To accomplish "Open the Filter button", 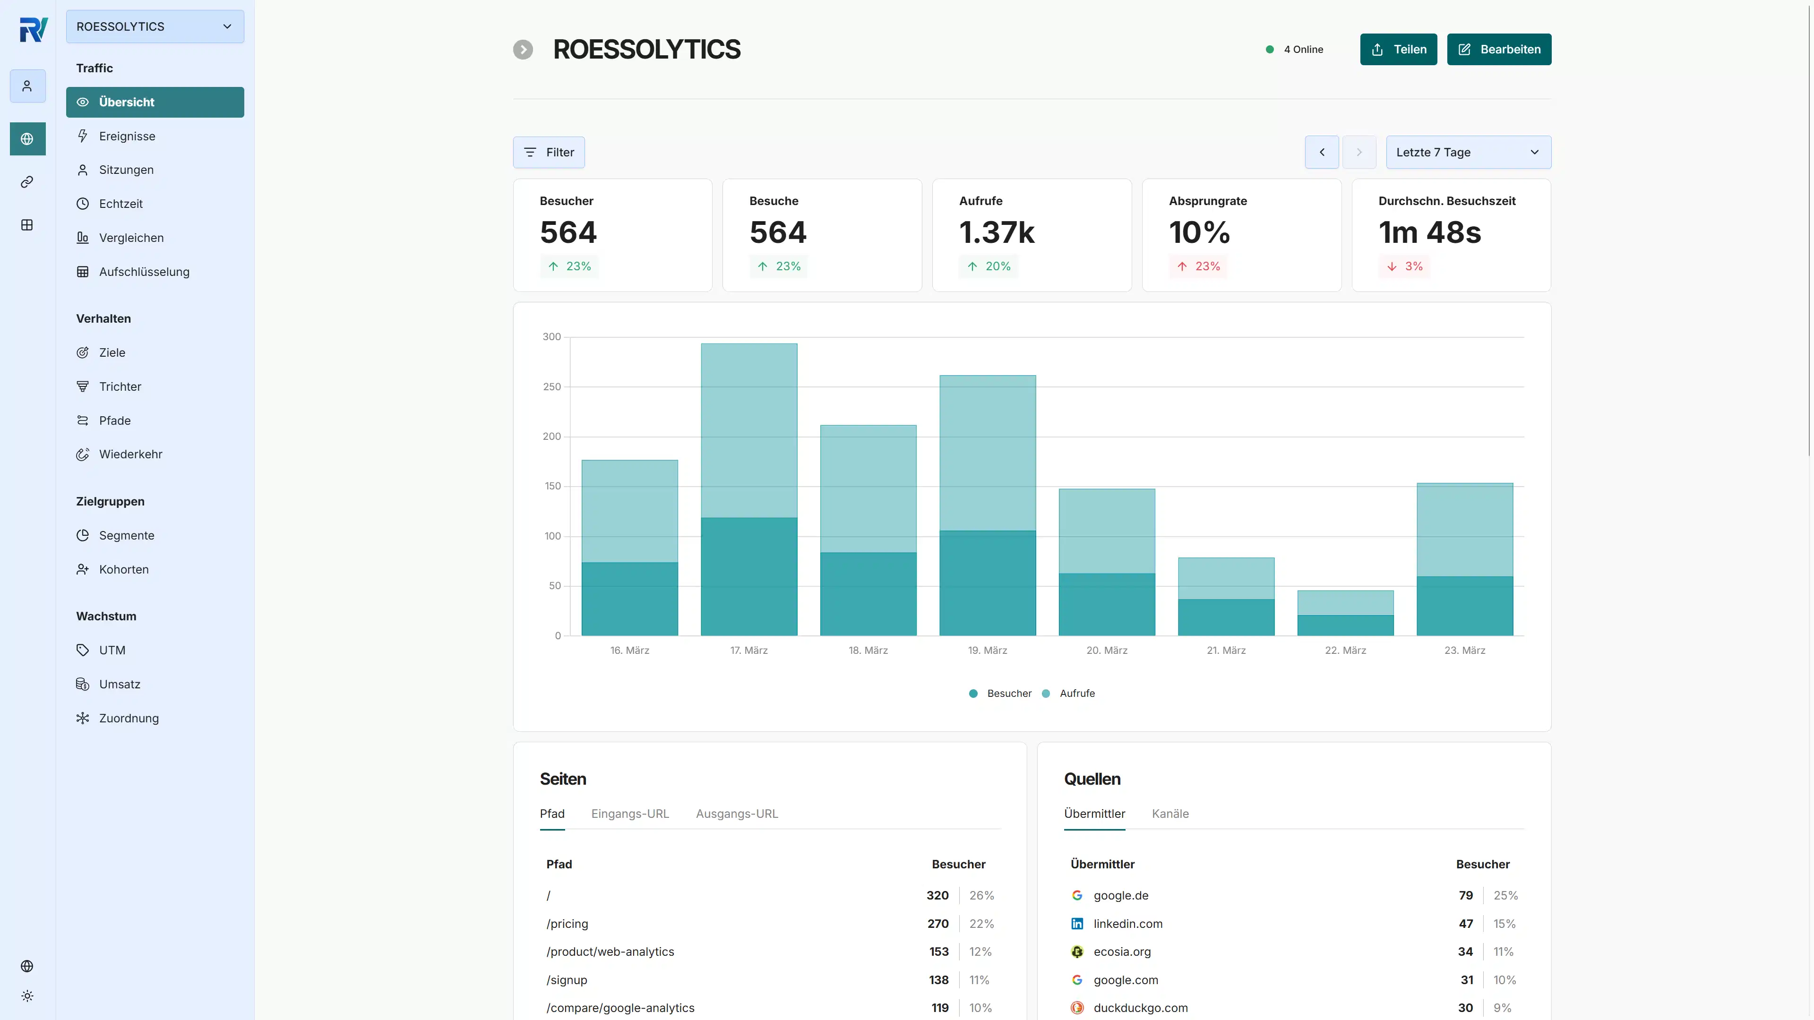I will click(x=549, y=152).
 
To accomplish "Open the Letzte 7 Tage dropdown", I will click(x=1468, y=152).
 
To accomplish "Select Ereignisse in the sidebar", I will click(x=127, y=136).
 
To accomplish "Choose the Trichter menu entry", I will click(x=120, y=386).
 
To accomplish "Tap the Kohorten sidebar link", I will click(x=123, y=569).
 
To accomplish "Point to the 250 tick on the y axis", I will click(x=551, y=386).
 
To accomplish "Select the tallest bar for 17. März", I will click(x=748, y=429).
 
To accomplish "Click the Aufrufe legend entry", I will click(x=1076, y=694).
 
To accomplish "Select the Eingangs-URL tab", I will click(x=629, y=814).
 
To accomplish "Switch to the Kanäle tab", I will click(x=1169, y=814).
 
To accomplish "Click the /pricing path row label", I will click(x=567, y=924).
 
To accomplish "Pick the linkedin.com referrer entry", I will click(x=1127, y=924).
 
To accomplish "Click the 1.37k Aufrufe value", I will click(x=997, y=233).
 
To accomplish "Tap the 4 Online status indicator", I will click(x=1296, y=49).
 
